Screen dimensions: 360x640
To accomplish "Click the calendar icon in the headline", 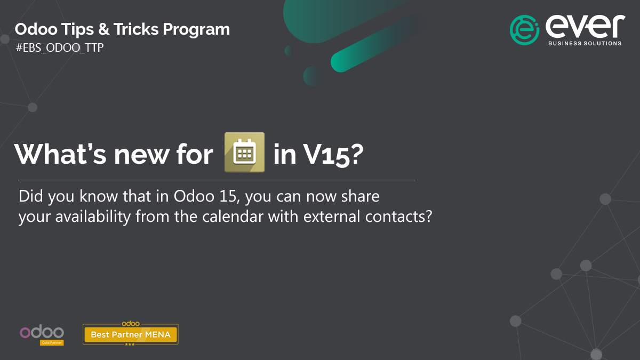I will (245, 152).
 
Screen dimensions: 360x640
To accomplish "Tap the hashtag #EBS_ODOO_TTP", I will (60, 47).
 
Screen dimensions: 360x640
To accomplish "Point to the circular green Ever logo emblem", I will (525, 30).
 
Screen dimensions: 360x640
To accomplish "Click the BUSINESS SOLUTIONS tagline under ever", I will (585, 43).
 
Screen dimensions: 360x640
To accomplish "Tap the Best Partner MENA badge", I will (130, 334).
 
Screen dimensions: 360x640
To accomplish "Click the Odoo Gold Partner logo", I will (42, 334).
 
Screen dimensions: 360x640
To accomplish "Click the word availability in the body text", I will (87, 217).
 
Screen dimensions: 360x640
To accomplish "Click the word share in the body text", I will (362, 196).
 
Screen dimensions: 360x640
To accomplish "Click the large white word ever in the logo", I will (585, 26).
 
